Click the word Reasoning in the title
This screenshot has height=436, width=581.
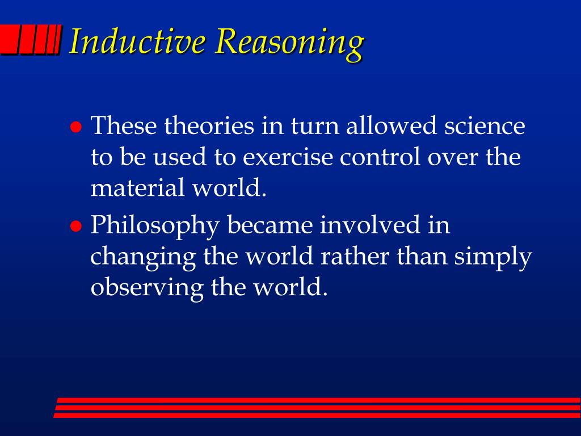coord(290,43)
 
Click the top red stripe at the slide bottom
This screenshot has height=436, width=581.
coord(318,400)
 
